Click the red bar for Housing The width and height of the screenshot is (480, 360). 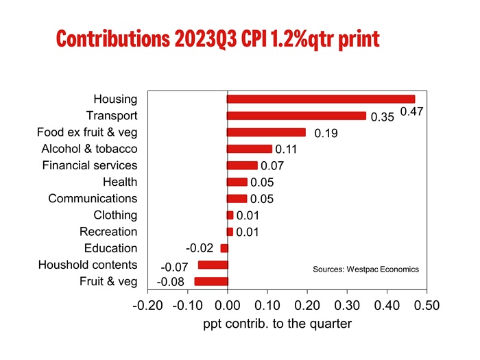click(x=321, y=99)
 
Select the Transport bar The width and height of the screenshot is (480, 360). click(x=296, y=116)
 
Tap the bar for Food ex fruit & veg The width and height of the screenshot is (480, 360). click(x=266, y=132)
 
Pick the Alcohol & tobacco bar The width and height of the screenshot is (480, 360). click(x=250, y=149)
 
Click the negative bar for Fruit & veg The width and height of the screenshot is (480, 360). click(x=211, y=281)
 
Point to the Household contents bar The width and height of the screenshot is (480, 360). click(x=213, y=265)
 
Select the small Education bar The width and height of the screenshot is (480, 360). click(x=224, y=248)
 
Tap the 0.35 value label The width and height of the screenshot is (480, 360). click(x=382, y=118)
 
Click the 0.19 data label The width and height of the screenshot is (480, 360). click(x=326, y=134)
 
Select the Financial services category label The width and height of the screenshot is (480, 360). click(x=90, y=165)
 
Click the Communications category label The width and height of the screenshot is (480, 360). click(x=93, y=198)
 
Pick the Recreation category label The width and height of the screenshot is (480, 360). click(x=108, y=232)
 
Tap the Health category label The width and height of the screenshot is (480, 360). click(x=120, y=182)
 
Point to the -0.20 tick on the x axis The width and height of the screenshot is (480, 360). click(x=147, y=304)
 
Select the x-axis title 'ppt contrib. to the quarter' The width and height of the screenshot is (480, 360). click(x=277, y=324)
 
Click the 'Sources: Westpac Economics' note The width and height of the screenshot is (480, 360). click(x=365, y=269)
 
